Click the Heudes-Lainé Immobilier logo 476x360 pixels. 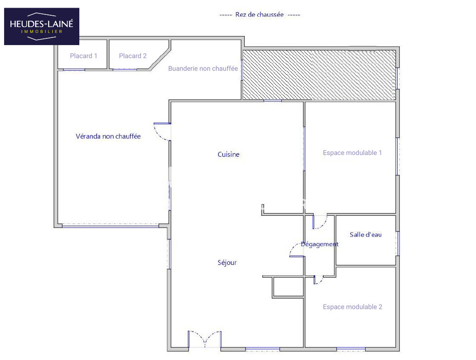pyautogui.click(x=41, y=27)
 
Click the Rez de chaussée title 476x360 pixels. pyautogui.click(x=260, y=14)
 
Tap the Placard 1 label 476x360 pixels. pyautogui.click(x=83, y=56)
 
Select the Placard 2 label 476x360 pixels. pyautogui.click(x=133, y=56)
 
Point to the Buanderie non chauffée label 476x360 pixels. pyautogui.click(x=203, y=68)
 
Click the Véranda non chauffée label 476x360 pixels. pyautogui.click(x=108, y=136)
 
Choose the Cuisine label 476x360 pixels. pyautogui.click(x=229, y=154)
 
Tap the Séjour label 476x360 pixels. pyautogui.click(x=227, y=263)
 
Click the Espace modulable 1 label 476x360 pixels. pyautogui.click(x=352, y=153)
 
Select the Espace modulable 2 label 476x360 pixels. pyautogui.click(x=352, y=307)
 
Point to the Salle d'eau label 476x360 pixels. pyautogui.click(x=366, y=235)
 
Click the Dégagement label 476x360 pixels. pyautogui.click(x=319, y=244)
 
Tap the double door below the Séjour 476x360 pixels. pyautogui.click(x=205, y=339)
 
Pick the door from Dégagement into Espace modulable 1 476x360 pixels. pyautogui.click(x=320, y=222)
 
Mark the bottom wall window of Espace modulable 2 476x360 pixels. pyautogui.click(x=351, y=349)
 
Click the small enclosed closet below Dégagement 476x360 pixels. pyautogui.click(x=288, y=287)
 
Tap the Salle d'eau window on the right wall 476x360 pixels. pyautogui.click(x=398, y=243)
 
